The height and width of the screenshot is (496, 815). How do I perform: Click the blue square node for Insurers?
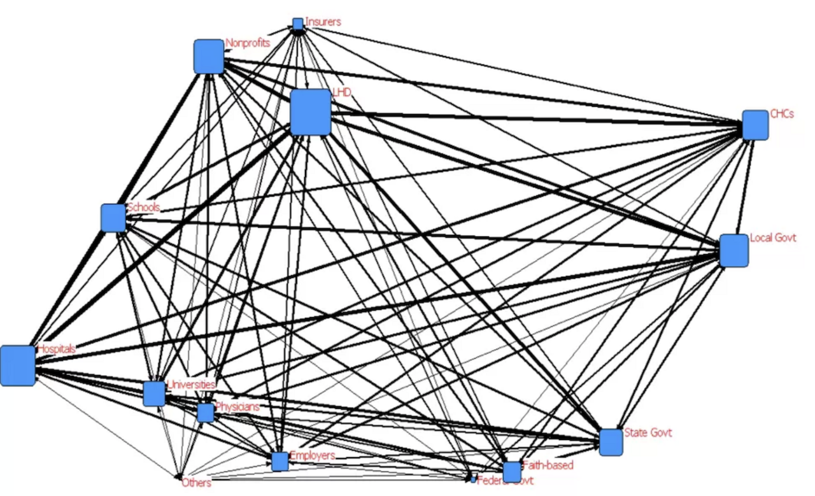click(297, 24)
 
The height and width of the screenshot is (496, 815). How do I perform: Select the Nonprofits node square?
click(209, 57)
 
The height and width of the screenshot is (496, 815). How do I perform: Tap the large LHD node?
click(310, 112)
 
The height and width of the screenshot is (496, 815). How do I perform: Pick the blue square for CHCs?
click(755, 125)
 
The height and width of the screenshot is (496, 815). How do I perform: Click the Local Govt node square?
click(733, 250)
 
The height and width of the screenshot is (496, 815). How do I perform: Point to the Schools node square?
click(113, 218)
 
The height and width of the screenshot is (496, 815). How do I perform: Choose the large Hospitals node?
click(18, 365)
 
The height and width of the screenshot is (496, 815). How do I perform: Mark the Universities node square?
click(154, 393)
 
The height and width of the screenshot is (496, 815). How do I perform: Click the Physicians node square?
click(205, 413)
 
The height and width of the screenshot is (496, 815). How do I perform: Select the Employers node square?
click(280, 462)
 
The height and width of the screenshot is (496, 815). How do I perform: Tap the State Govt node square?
click(611, 443)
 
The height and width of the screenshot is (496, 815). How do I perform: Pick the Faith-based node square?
click(512, 472)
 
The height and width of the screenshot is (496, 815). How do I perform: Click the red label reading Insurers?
click(323, 22)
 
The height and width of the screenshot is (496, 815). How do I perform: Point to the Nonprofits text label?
click(248, 43)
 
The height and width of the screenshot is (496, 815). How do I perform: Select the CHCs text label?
click(782, 114)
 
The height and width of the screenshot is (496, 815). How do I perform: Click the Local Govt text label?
click(773, 237)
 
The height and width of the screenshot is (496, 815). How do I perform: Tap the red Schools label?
click(143, 207)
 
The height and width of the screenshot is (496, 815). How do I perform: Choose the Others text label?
click(196, 483)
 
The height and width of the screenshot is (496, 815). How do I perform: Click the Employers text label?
click(312, 455)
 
